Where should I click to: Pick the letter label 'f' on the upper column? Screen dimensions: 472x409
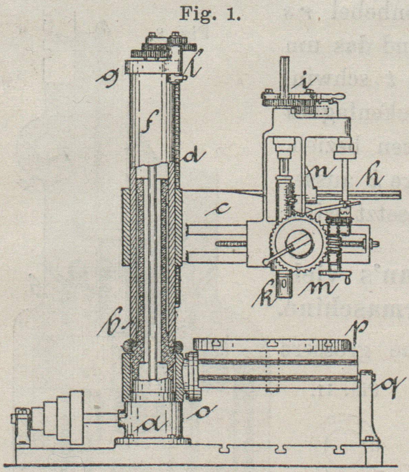tap(148, 130)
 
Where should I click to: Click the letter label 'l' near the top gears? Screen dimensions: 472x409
tap(188, 65)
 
